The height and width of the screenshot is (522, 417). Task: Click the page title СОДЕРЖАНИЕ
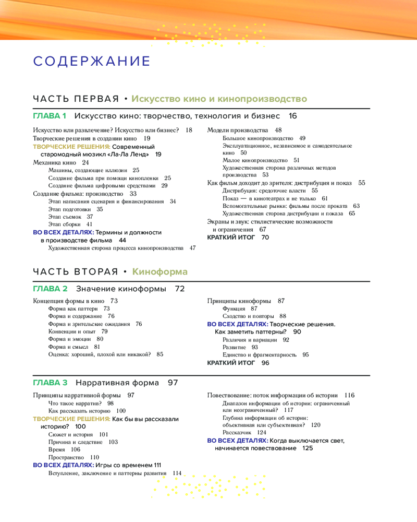click(x=92, y=61)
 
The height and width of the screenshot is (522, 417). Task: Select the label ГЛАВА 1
click(x=50, y=115)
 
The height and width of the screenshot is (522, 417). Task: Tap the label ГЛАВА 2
click(x=50, y=289)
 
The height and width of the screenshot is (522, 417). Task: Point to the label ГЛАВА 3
click(x=50, y=383)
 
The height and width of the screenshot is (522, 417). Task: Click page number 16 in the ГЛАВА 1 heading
click(x=292, y=115)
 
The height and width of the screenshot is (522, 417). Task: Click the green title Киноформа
click(x=160, y=271)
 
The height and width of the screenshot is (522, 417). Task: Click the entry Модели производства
click(x=238, y=130)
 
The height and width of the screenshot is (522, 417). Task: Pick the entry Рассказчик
click(x=237, y=433)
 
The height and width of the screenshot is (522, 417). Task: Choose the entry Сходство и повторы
click(x=247, y=316)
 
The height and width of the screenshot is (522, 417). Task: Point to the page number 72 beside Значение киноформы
click(x=180, y=289)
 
